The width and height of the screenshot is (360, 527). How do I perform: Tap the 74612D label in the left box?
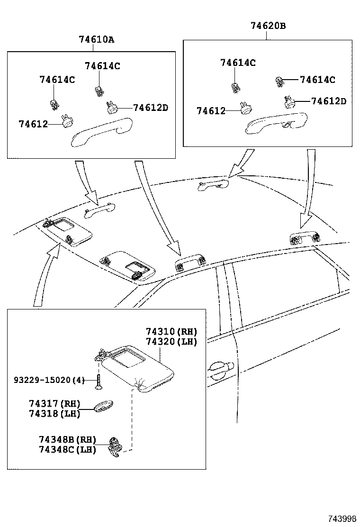coord(150,108)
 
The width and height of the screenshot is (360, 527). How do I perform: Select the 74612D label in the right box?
coord(328,101)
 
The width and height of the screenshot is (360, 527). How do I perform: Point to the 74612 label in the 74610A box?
coord(33,124)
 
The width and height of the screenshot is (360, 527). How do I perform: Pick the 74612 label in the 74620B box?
coord(211,110)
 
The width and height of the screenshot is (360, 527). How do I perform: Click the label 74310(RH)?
coord(171,331)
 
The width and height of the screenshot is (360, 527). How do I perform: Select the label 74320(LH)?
coord(171,341)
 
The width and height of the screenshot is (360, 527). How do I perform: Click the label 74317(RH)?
coord(54,404)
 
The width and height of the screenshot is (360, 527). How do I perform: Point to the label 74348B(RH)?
coord(68,440)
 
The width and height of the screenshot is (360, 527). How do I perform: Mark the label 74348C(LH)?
coord(68,449)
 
